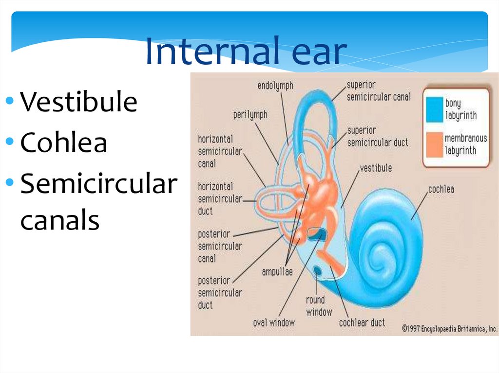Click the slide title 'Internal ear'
pyautogui.click(x=246, y=53)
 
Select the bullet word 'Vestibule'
pyautogui.click(x=78, y=103)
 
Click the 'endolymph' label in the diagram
pyautogui.click(x=275, y=86)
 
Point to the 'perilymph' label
pyautogui.click(x=250, y=115)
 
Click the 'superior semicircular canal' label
pyautogui.click(x=378, y=91)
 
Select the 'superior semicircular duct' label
pyautogui.click(x=377, y=137)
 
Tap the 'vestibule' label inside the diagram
pyautogui.click(x=375, y=168)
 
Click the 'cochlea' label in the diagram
pyautogui.click(x=441, y=189)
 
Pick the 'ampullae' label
pyautogui.click(x=277, y=272)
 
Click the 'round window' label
pyautogui.click(x=319, y=306)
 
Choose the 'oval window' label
pyautogui.click(x=274, y=322)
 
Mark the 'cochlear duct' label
pyautogui.click(x=362, y=322)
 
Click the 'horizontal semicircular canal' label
pyautogui.click(x=220, y=151)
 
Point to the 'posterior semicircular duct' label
pyautogui.click(x=220, y=293)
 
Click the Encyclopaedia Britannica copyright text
pyautogui.click(x=449, y=329)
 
